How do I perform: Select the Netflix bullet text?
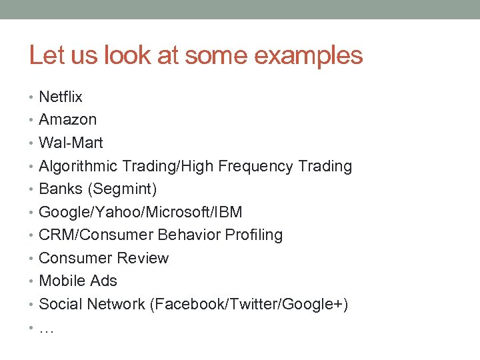tap(61, 97)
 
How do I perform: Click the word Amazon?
tap(68, 120)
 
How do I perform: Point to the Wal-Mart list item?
tap(71, 143)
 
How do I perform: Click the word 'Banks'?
tap(61, 189)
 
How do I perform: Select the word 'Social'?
tap(59, 305)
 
